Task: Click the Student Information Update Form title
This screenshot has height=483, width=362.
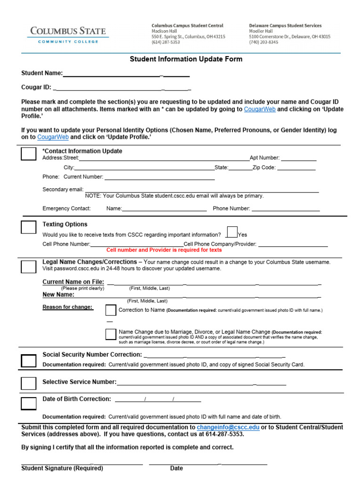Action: pyautogui.click(x=186, y=59)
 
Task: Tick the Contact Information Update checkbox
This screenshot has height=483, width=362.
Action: pyautogui.click(x=28, y=154)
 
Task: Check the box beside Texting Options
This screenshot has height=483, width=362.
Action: pyautogui.click(x=28, y=227)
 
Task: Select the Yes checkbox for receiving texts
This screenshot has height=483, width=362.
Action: pyautogui.click(x=232, y=232)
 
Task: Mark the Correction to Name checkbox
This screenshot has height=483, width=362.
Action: pyautogui.click(x=111, y=310)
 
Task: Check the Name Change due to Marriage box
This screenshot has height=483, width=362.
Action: pyautogui.click(x=111, y=334)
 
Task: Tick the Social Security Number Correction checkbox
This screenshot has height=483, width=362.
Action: pyautogui.click(x=28, y=361)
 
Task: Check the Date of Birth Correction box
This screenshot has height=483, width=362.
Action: pyautogui.click(x=28, y=403)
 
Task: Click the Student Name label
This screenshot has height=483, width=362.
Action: pyautogui.click(x=42, y=73)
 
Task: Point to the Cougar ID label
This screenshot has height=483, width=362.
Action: pyautogui.click(x=36, y=87)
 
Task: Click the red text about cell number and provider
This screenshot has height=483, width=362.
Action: pyautogui.click(x=164, y=250)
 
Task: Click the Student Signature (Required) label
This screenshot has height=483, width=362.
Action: pyautogui.click(x=62, y=468)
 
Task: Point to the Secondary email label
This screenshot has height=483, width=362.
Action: pyautogui.click(x=63, y=190)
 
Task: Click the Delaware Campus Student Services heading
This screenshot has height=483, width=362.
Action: pyautogui.click(x=285, y=25)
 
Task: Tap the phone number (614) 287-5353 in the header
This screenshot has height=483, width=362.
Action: pyautogui.click(x=165, y=42)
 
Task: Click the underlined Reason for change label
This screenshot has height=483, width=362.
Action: pyautogui.click(x=68, y=308)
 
